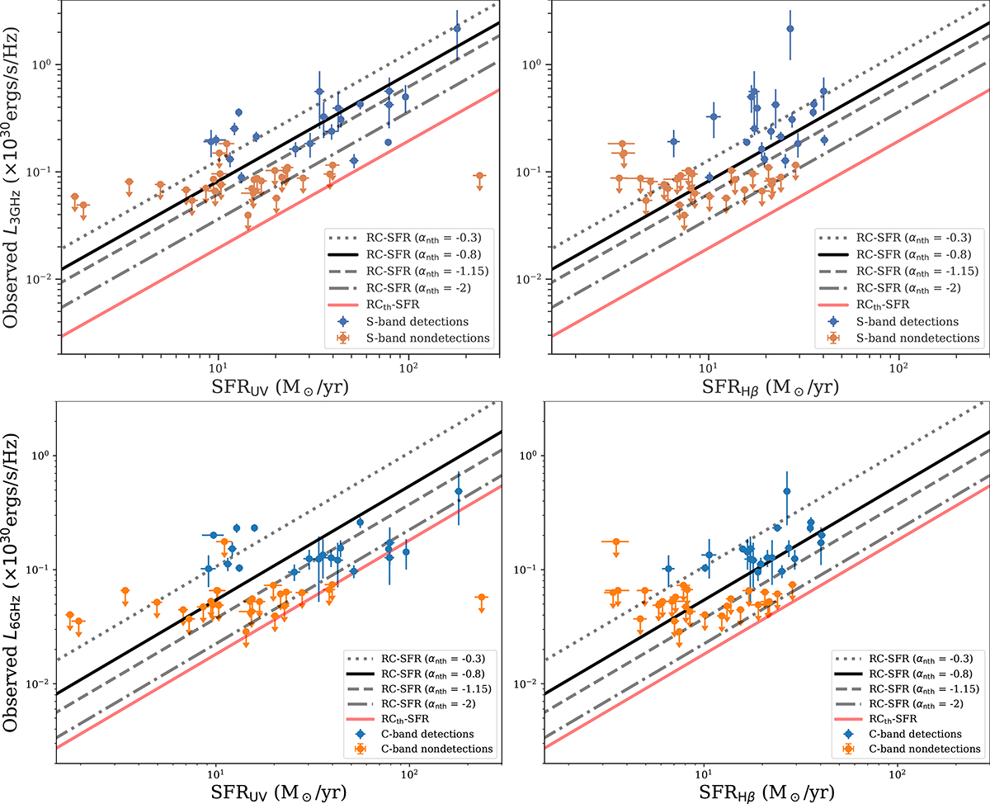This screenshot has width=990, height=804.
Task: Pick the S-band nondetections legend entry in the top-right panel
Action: (921, 338)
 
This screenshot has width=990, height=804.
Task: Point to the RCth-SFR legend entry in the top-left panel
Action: (398, 305)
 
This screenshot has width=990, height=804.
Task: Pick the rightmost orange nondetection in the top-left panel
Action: (479, 176)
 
